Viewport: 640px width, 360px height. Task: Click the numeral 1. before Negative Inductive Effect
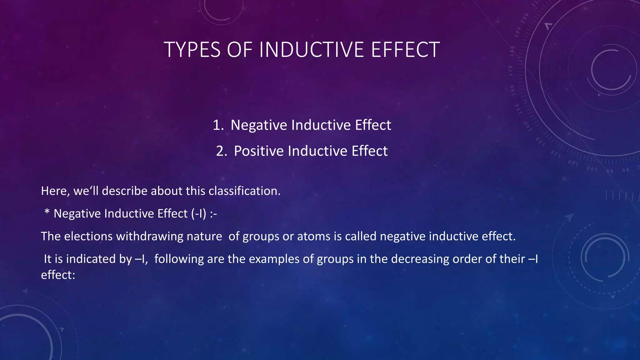coord(218,125)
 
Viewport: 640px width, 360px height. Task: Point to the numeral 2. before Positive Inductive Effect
coord(222,151)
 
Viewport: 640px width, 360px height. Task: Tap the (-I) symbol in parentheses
coord(199,214)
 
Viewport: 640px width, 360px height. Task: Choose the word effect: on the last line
coord(58,275)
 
